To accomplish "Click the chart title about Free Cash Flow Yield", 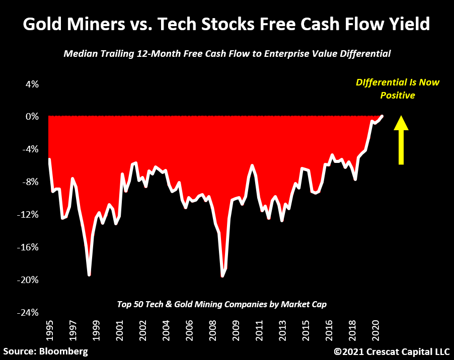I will (x=226, y=24).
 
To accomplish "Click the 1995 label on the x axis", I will (x=49, y=332).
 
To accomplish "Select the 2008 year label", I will (x=212, y=332).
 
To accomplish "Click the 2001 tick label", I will (x=119, y=332).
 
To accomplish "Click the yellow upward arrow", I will (x=401, y=140).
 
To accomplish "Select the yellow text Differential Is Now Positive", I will (x=398, y=88).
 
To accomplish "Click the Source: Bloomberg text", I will (x=45, y=351).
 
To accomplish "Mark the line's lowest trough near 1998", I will (x=89, y=275).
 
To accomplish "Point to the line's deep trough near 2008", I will (x=222, y=276).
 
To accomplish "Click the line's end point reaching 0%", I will (x=382, y=116).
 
